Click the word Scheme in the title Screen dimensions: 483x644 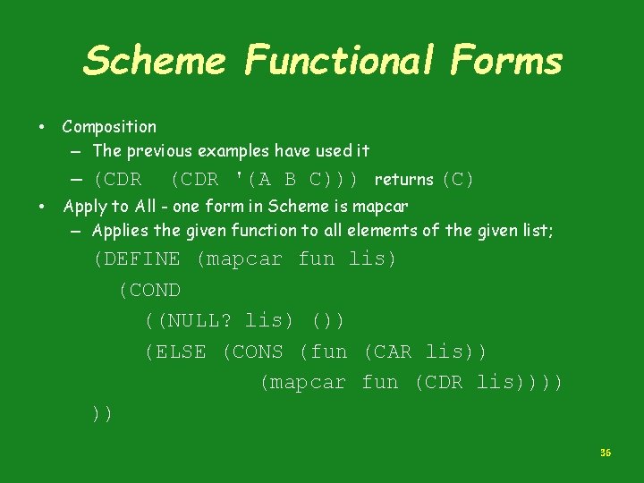154,62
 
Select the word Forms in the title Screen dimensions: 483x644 507,62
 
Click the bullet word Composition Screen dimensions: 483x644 109,127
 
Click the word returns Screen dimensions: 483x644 404,180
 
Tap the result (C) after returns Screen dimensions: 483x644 458,180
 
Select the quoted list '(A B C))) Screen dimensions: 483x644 296,180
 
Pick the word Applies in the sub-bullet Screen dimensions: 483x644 120,231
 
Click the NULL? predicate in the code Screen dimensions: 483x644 197,321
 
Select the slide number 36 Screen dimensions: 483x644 606,454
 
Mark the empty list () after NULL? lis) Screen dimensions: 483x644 328,321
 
